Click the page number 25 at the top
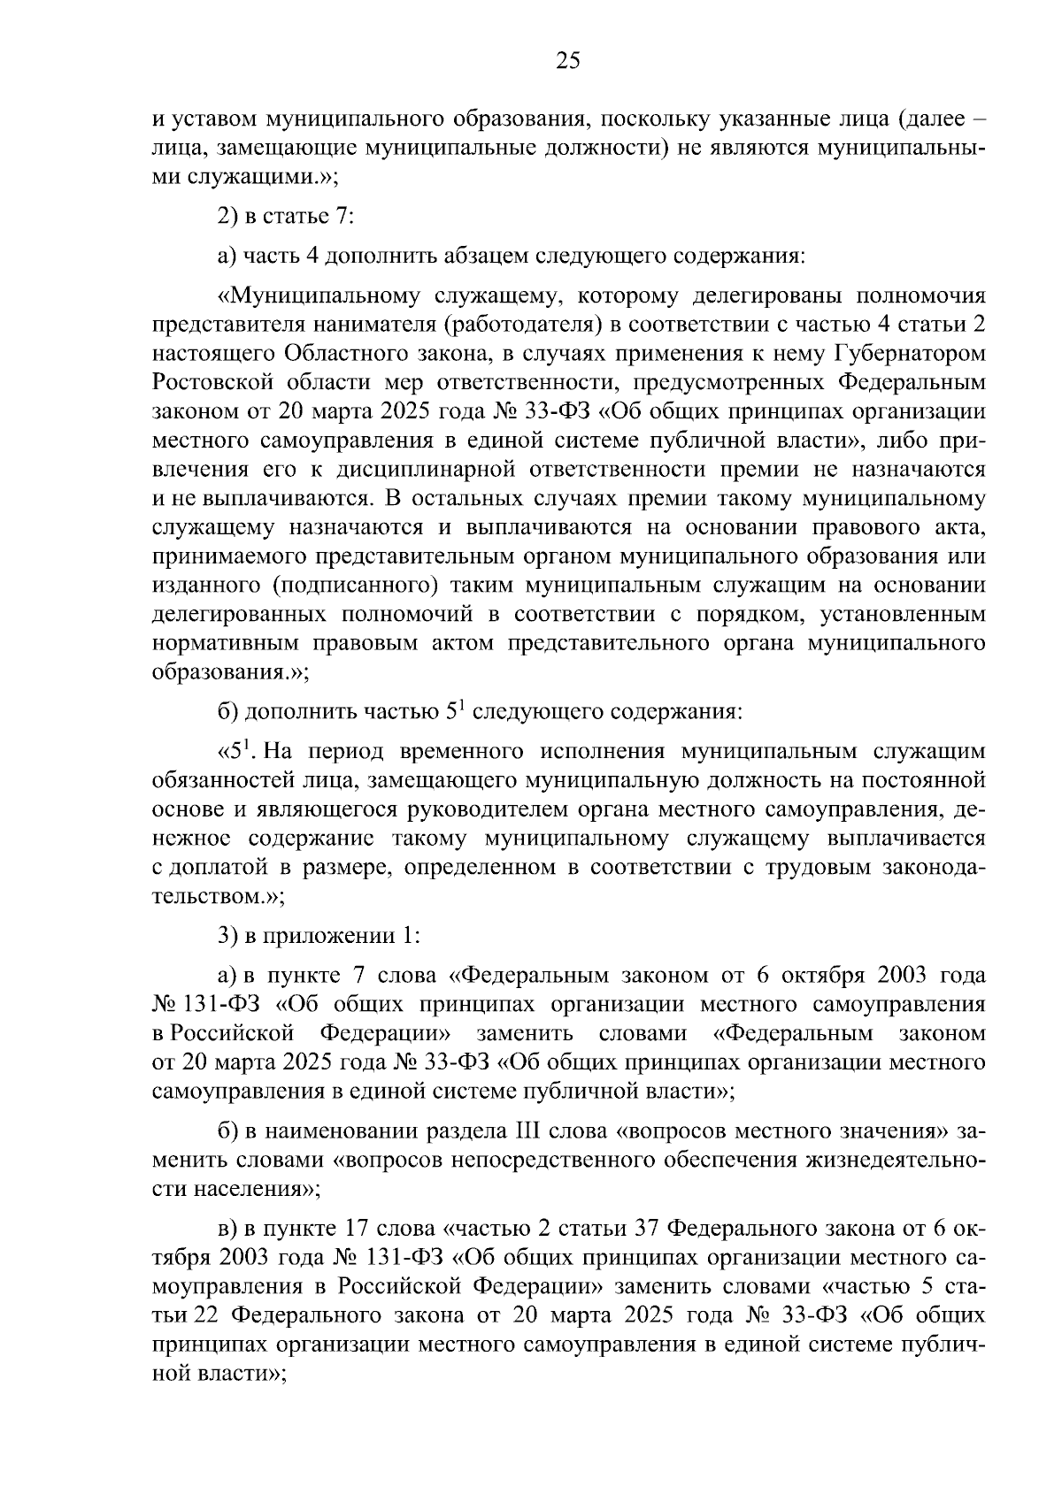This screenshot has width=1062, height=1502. tap(568, 61)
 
